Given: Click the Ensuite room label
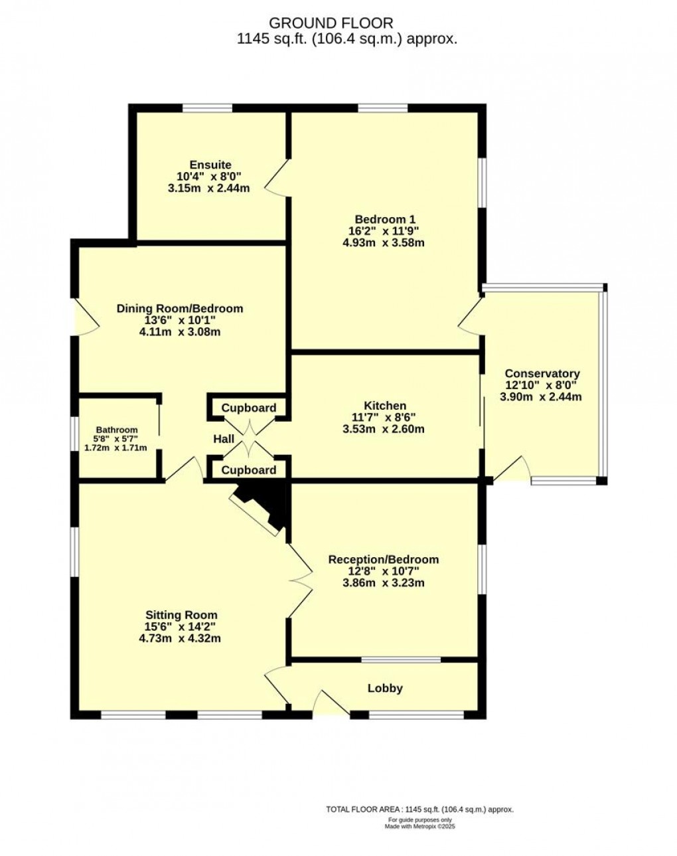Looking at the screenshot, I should tap(210, 165).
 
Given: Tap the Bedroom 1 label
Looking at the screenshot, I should tap(385, 219).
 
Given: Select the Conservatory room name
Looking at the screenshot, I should tap(542, 374).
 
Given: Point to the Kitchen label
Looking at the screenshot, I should tap(384, 406).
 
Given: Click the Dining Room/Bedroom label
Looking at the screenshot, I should tap(179, 308).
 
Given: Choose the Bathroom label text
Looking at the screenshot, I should tap(116, 430).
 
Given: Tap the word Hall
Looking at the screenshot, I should tap(224, 439).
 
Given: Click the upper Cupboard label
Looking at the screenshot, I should tap(249, 408).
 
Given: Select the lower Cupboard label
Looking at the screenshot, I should tap(249, 470).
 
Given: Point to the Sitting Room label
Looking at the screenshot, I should tap(181, 615).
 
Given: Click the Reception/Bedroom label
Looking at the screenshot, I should tap(384, 559).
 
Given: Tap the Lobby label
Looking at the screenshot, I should tap(385, 688).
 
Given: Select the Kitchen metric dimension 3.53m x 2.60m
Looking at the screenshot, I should tap(384, 429).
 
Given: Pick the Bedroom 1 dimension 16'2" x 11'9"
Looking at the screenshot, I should tap(385, 231).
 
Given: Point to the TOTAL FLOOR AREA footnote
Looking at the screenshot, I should tap(419, 810).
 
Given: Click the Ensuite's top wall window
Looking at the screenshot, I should tap(208, 108).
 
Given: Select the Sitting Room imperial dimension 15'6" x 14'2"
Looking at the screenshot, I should tap(181, 627).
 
